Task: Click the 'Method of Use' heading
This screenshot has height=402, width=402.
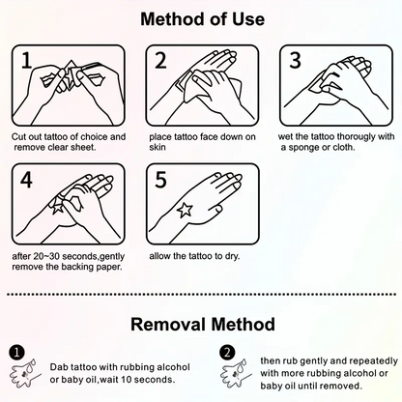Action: pyautogui.click(x=203, y=19)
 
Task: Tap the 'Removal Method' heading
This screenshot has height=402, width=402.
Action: pyautogui.click(x=203, y=324)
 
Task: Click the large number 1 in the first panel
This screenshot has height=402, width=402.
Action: pyautogui.click(x=27, y=60)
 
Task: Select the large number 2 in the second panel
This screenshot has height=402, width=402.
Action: pyautogui.click(x=160, y=60)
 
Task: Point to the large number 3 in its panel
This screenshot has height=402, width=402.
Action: pyautogui.click(x=295, y=60)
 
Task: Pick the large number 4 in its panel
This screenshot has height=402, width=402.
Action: pyautogui.click(x=26, y=180)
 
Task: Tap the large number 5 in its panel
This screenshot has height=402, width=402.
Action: pyautogui.click(x=160, y=180)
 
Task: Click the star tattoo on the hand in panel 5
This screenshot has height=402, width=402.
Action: pyautogui.click(x=185, y=210)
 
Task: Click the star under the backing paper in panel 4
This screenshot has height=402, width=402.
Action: pyautogui.click(x=58, y=206)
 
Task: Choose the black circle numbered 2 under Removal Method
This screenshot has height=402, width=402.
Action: pyautogui.click(x=227, y=353)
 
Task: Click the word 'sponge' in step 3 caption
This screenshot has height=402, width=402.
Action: pyautogui.click(x=303, y=148)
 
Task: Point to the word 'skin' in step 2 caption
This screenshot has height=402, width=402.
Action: pyautogui.click(x=158, y=147)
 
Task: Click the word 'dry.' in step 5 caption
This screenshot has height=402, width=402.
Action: pyautogui.click(x=232, y=256)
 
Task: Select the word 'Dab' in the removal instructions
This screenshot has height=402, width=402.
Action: pyautogui.click(x=58, y=367)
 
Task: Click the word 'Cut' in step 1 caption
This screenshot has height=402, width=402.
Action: pyautogui.click(x=18, y=137)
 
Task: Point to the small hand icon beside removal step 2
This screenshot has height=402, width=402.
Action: pyautogui.click(x=236, y=374)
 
